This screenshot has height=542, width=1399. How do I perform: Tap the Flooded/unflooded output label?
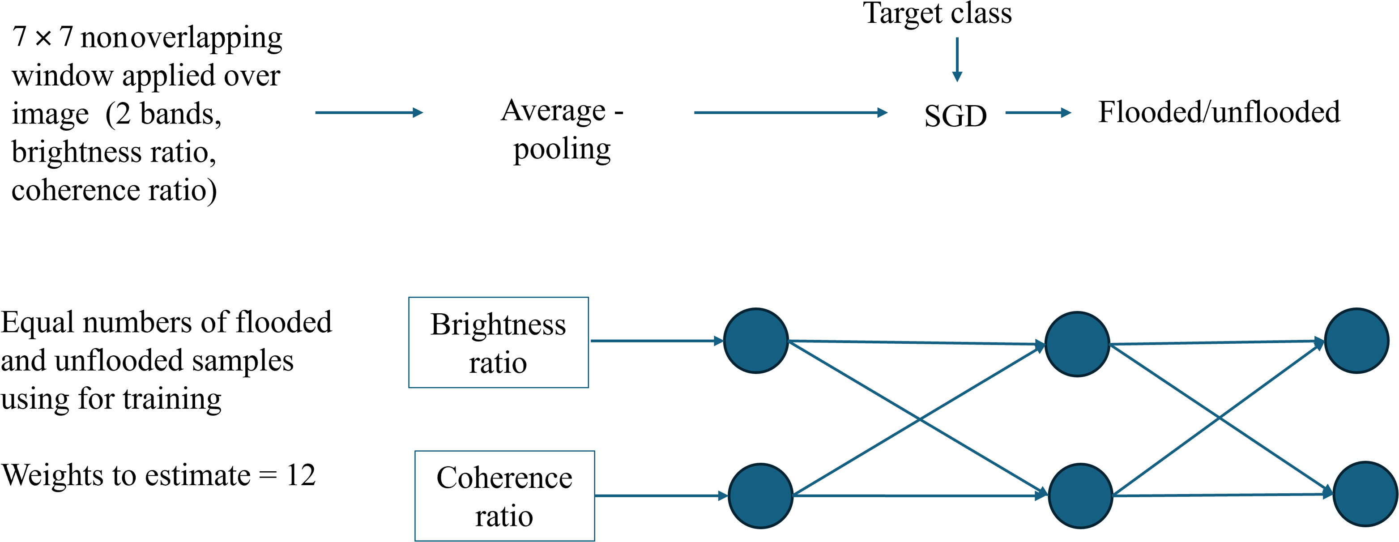tap(1219, 112)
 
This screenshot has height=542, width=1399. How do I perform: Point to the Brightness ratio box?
tap(498, 342)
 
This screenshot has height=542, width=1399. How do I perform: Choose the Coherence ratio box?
tap(504, 496)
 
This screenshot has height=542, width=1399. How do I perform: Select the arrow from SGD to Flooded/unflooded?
tap(1037, 112)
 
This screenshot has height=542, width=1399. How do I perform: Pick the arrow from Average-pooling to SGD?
tap(790, 112)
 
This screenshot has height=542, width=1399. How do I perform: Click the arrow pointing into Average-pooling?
tap(368, 112)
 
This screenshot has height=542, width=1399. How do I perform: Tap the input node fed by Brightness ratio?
tap(756, 341)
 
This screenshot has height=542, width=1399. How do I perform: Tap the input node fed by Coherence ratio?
tap(760, 495)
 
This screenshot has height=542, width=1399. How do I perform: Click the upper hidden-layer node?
tap(1076, 344)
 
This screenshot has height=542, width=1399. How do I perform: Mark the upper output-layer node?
tap(1356, 341)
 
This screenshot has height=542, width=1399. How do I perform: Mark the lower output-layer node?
tap(1365, 494)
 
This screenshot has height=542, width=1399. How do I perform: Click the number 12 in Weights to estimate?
tap(301, 475)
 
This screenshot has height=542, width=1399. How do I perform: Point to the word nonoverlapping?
tap(181, 38)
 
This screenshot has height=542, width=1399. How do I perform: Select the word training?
tap(172, 399)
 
